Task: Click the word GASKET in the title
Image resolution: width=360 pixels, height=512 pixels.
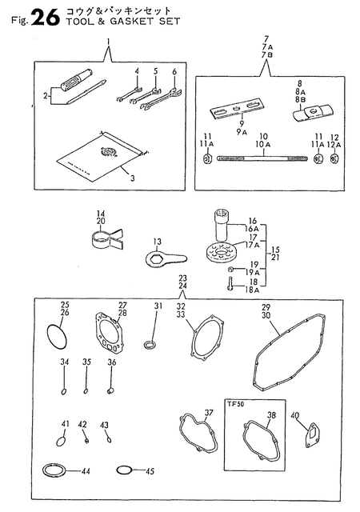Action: tap(114, 22)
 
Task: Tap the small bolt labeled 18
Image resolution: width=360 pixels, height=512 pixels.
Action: tap(230, 281)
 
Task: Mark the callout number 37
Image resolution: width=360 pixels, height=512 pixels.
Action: tap(209, 414)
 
